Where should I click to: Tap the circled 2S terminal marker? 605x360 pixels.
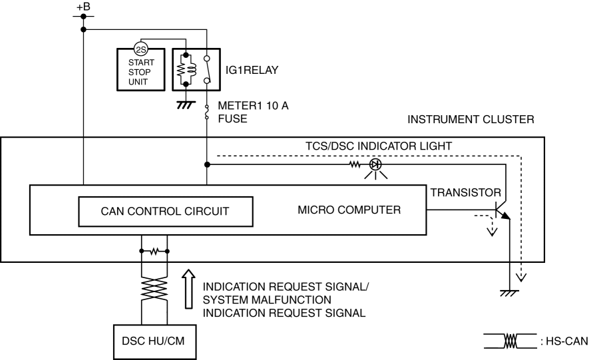pyautogui.click(x=140, y=50)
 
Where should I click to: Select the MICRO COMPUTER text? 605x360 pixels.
pyautogui.click(x=349, y=211)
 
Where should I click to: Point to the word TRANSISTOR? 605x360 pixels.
pyautogui.click(x=466, y=192)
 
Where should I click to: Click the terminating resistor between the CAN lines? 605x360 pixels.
pyautogui.click(x=154, y=252)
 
